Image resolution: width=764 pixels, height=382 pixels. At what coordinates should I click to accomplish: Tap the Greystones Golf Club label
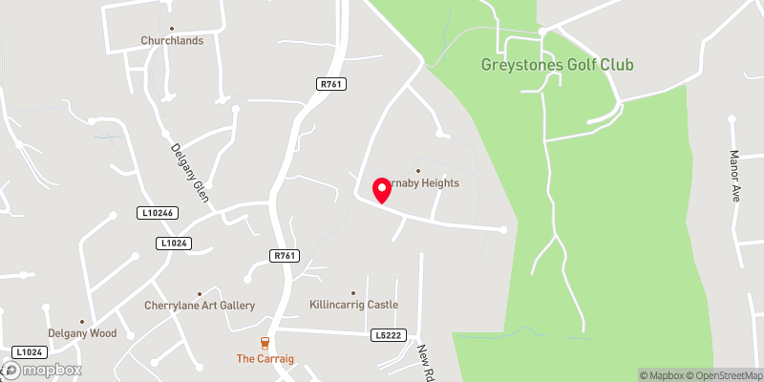click(x=558, y=65)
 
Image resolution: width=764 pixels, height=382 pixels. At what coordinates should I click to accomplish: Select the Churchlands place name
click(x=172, y=41)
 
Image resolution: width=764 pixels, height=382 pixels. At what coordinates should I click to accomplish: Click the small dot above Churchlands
click(x=172, y=29)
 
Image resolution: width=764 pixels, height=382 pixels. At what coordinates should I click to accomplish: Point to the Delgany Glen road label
click(x=189, y=173)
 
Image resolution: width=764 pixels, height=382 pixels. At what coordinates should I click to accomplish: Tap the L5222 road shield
click(x=390, y=335)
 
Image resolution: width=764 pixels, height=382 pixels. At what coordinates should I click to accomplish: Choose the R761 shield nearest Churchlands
click(x=330, y=85)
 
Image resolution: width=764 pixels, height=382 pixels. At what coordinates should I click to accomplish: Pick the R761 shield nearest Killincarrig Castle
click(x=285, y=255)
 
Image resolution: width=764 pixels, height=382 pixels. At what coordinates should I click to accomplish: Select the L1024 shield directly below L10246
click(x=174, y=244)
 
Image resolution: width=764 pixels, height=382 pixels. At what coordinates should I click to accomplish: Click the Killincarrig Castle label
click(x=353, y=305)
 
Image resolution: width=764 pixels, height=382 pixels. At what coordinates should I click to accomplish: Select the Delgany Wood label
click(x=84, y=333)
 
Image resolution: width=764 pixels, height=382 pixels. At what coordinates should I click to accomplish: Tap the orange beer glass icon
click(x=265, y=343)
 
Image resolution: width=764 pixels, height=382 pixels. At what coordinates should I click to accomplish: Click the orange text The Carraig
click(x=265, y=359)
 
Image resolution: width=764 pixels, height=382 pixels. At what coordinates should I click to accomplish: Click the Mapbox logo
click(x=43, y=370)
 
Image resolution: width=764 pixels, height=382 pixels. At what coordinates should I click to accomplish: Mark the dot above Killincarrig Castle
click(x=353, y=292)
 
